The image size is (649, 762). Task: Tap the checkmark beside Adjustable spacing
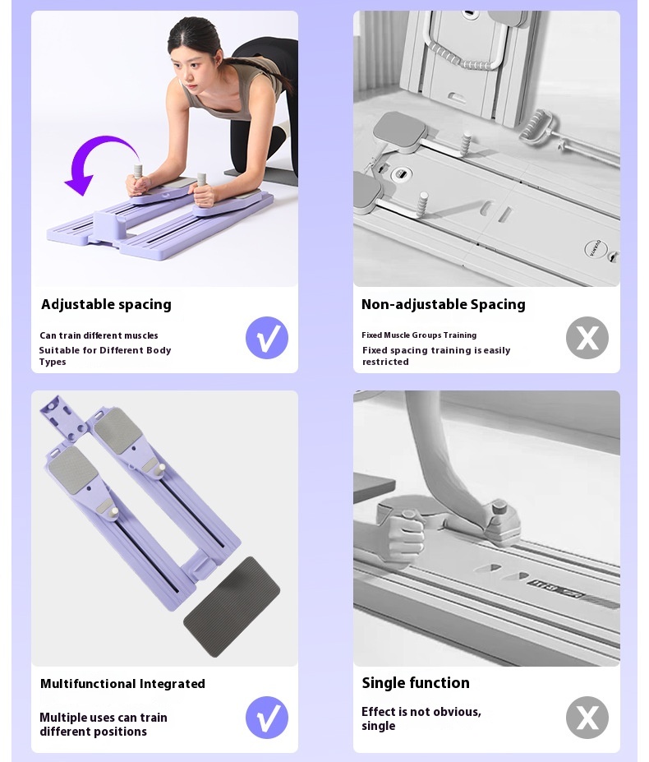[267, 338]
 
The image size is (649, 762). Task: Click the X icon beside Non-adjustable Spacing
[587, 338]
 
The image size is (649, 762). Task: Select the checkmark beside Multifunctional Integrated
[267, 718]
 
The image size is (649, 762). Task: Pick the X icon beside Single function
[587, 718]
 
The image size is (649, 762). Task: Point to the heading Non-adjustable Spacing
[443, 305]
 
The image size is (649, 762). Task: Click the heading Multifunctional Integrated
[122, 684]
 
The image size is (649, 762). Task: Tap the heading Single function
[416, 683]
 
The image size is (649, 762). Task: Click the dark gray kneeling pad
[232, 607]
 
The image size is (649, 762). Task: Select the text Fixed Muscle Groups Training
[419, 335]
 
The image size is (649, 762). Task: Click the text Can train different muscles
[99, 335]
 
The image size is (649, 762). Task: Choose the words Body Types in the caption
[105, 356]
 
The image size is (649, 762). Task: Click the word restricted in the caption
[386, 362]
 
